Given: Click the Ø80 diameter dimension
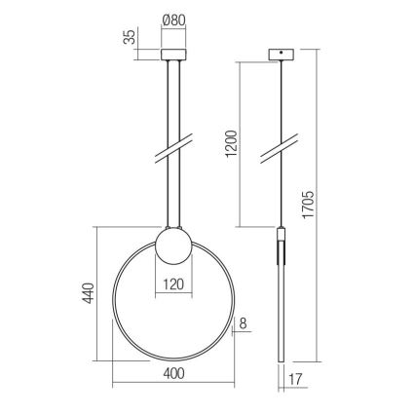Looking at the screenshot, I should click(174, 19).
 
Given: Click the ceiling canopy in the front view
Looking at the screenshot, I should click(174, 52).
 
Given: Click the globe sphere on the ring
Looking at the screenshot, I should click(174, 245).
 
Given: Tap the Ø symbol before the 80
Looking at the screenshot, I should click(165, 19).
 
